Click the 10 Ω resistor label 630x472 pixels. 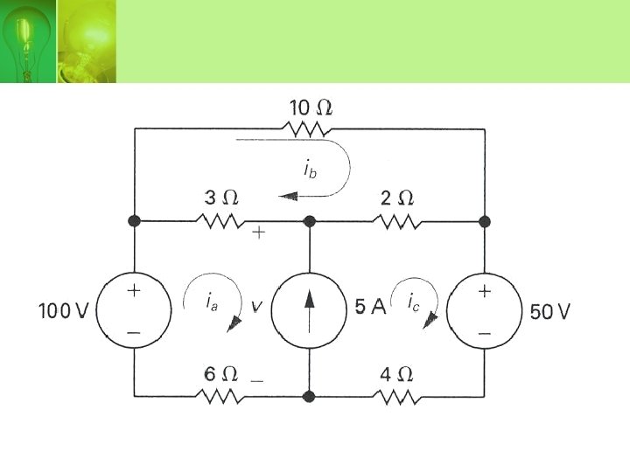311,108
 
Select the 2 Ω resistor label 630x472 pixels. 396,198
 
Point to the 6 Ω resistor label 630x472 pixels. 220,374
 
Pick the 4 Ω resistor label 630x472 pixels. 396,374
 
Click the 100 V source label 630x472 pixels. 62,310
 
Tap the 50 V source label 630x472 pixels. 550,310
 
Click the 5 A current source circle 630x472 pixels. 309,309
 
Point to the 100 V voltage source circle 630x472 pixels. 133,309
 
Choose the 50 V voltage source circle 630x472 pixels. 484,309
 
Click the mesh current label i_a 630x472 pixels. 211,302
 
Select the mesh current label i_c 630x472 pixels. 413,302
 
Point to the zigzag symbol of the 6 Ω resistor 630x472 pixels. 221,397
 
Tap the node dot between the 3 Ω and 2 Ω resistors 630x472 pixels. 309,220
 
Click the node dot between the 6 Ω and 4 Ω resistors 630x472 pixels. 309,397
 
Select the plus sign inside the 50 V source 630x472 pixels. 484,291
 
